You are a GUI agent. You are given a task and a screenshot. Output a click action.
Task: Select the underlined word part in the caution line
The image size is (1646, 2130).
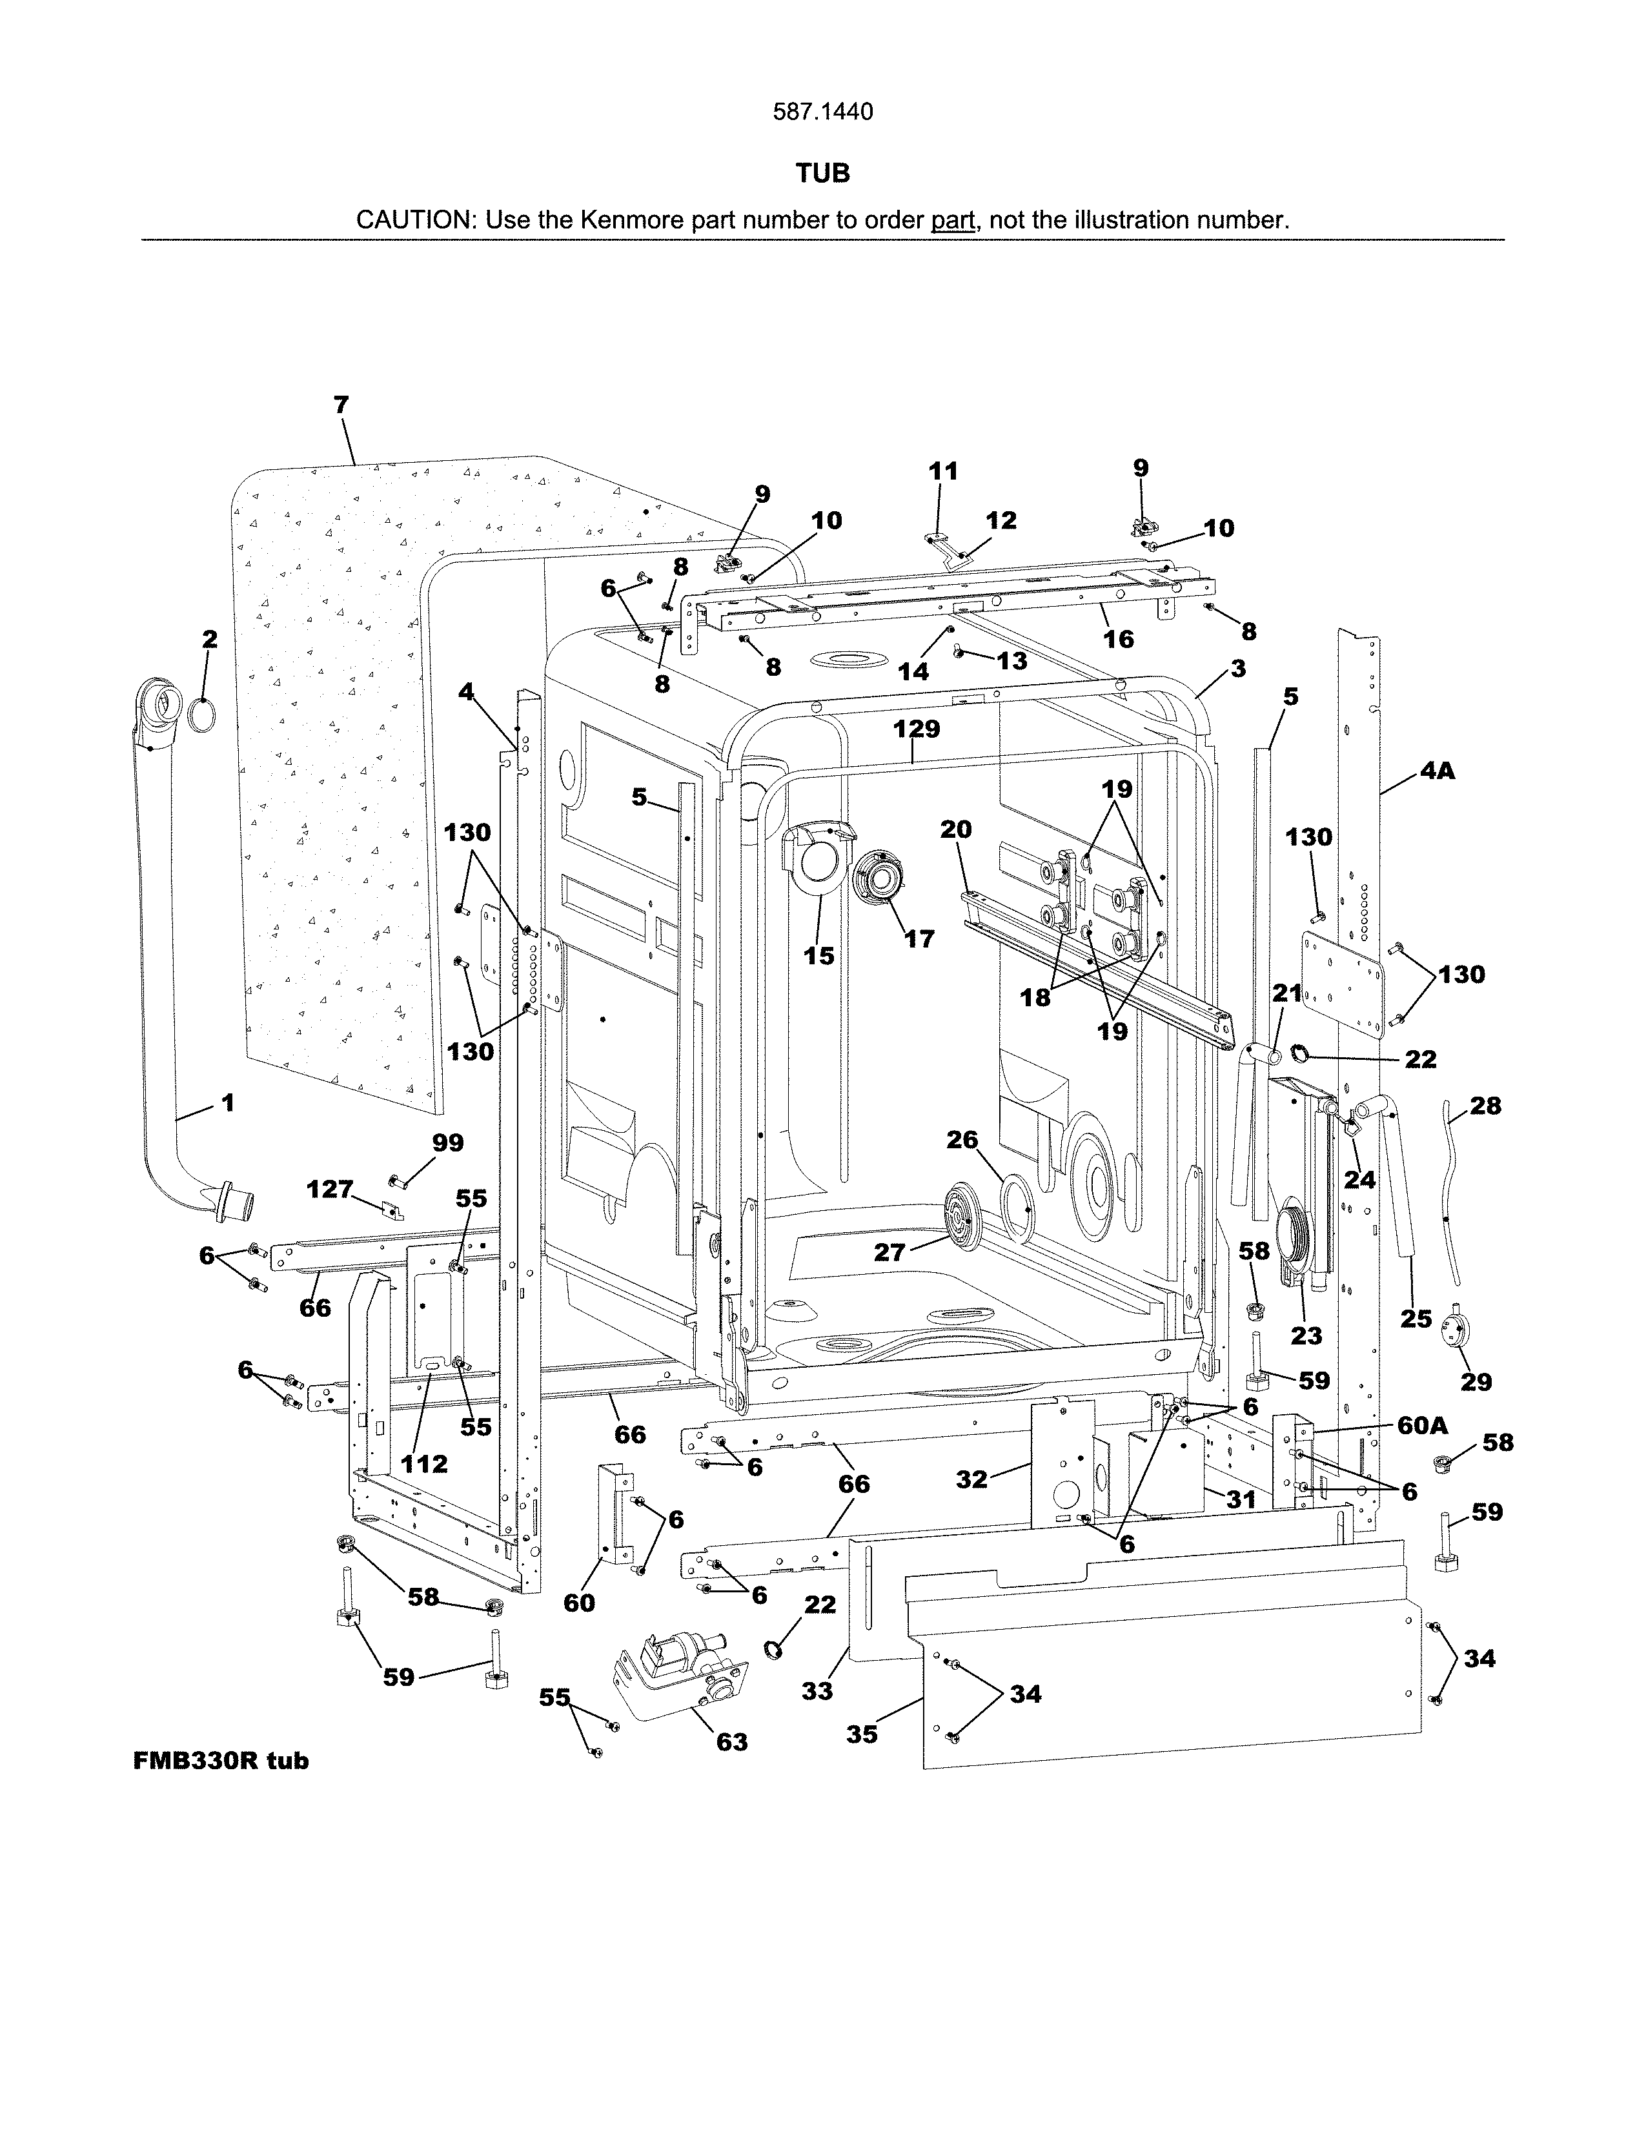pos(953,220)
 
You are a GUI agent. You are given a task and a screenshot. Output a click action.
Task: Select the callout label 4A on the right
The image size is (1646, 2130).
pos(1436,771)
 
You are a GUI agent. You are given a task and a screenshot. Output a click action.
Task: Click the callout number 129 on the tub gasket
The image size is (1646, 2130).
pos(916,729)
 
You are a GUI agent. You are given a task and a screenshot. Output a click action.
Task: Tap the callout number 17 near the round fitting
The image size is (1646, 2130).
pos(920,938)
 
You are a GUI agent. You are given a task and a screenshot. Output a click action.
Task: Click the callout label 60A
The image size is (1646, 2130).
pos(1423,1425)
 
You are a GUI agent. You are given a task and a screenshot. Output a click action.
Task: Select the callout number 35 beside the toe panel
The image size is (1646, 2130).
pos(861,1734)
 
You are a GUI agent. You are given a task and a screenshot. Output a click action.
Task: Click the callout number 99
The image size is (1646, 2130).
pos(447,1142)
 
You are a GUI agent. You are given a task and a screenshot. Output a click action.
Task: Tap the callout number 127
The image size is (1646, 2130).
pos(330,1189)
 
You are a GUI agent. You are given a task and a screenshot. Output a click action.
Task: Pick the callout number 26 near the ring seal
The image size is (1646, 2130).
pos(962,1139)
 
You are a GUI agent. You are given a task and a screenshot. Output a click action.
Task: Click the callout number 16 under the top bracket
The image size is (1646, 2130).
pos(1119,639)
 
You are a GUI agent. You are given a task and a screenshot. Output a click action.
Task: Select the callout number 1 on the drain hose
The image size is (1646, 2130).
pos(227,1103)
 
